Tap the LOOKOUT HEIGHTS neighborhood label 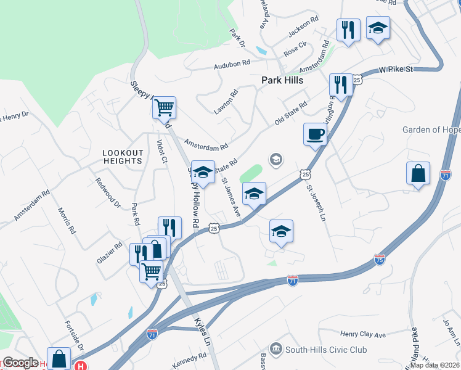123,157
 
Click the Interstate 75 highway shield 380,260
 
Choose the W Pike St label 396,70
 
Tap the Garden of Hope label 431,129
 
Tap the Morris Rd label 67,220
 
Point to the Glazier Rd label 110,252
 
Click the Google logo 21,363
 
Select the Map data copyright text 438,365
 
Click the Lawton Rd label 226,102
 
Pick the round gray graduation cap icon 275,160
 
